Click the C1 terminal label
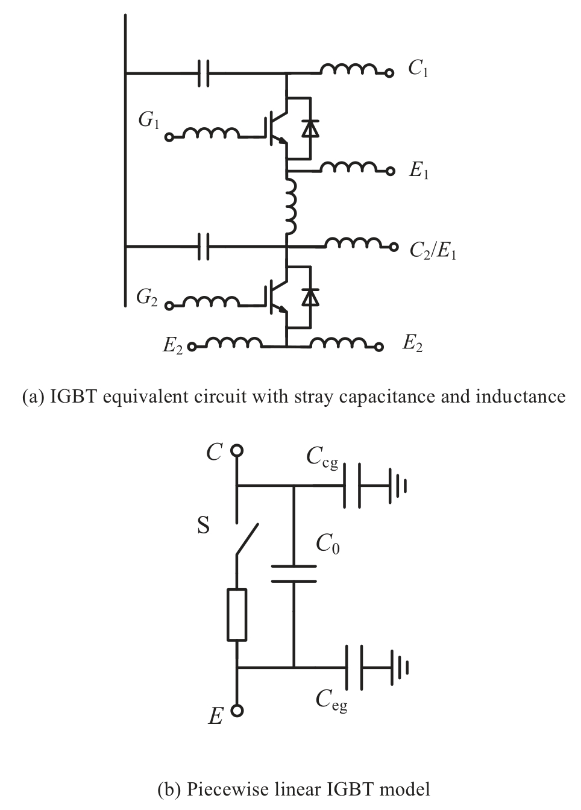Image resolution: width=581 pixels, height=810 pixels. click(x=418, y=69)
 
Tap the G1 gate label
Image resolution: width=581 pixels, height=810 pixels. click(x=148, y=121)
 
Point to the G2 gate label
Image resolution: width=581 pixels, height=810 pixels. click(x=146, y=297)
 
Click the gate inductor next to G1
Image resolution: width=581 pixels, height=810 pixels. click(x=209, y=134)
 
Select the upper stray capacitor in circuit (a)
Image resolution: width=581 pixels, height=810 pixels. click(x=204, y=73)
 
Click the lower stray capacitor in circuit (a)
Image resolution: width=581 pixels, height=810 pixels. click(x=204, y=246)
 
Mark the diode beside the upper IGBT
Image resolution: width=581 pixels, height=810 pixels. click(x=310, y=128)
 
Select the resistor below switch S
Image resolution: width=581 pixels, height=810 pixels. click(x=237, y=615)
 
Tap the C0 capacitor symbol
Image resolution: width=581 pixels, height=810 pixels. click(x=294, y=573)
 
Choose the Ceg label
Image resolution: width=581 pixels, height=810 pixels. click(x=331, y=700)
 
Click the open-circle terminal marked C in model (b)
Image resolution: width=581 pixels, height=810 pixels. click(x=237, y=450)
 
